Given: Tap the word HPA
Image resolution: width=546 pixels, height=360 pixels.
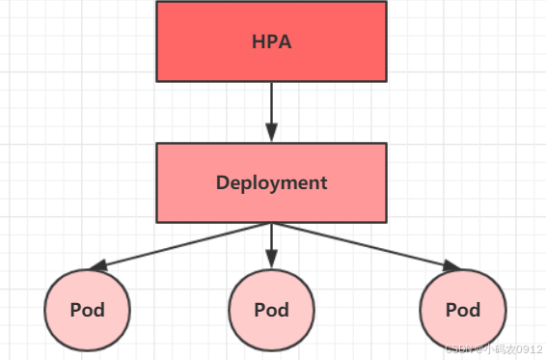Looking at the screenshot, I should [271, 42].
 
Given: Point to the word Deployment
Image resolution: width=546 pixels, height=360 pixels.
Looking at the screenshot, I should [271, 182].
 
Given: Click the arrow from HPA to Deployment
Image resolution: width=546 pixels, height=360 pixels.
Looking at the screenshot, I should [271, 106].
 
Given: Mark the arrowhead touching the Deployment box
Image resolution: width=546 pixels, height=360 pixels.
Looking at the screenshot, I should [271, 134].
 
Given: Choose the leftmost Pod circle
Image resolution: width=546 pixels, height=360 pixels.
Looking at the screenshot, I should [87, 311].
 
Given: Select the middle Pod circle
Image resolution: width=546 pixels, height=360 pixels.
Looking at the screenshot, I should [271, 311].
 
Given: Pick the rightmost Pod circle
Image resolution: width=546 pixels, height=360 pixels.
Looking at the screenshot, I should [463, 311].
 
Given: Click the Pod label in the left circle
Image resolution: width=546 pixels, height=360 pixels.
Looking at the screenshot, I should [87, 311].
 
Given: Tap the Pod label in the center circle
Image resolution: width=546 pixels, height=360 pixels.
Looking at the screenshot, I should [271, 311].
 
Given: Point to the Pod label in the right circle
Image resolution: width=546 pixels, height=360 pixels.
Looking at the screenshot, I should [463, 311].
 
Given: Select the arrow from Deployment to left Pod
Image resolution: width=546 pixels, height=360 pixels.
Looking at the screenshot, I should [183, 245].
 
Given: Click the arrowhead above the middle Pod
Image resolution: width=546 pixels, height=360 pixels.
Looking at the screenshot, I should [271, 260].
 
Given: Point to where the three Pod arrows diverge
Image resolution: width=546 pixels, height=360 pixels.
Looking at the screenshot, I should [271, 224].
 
